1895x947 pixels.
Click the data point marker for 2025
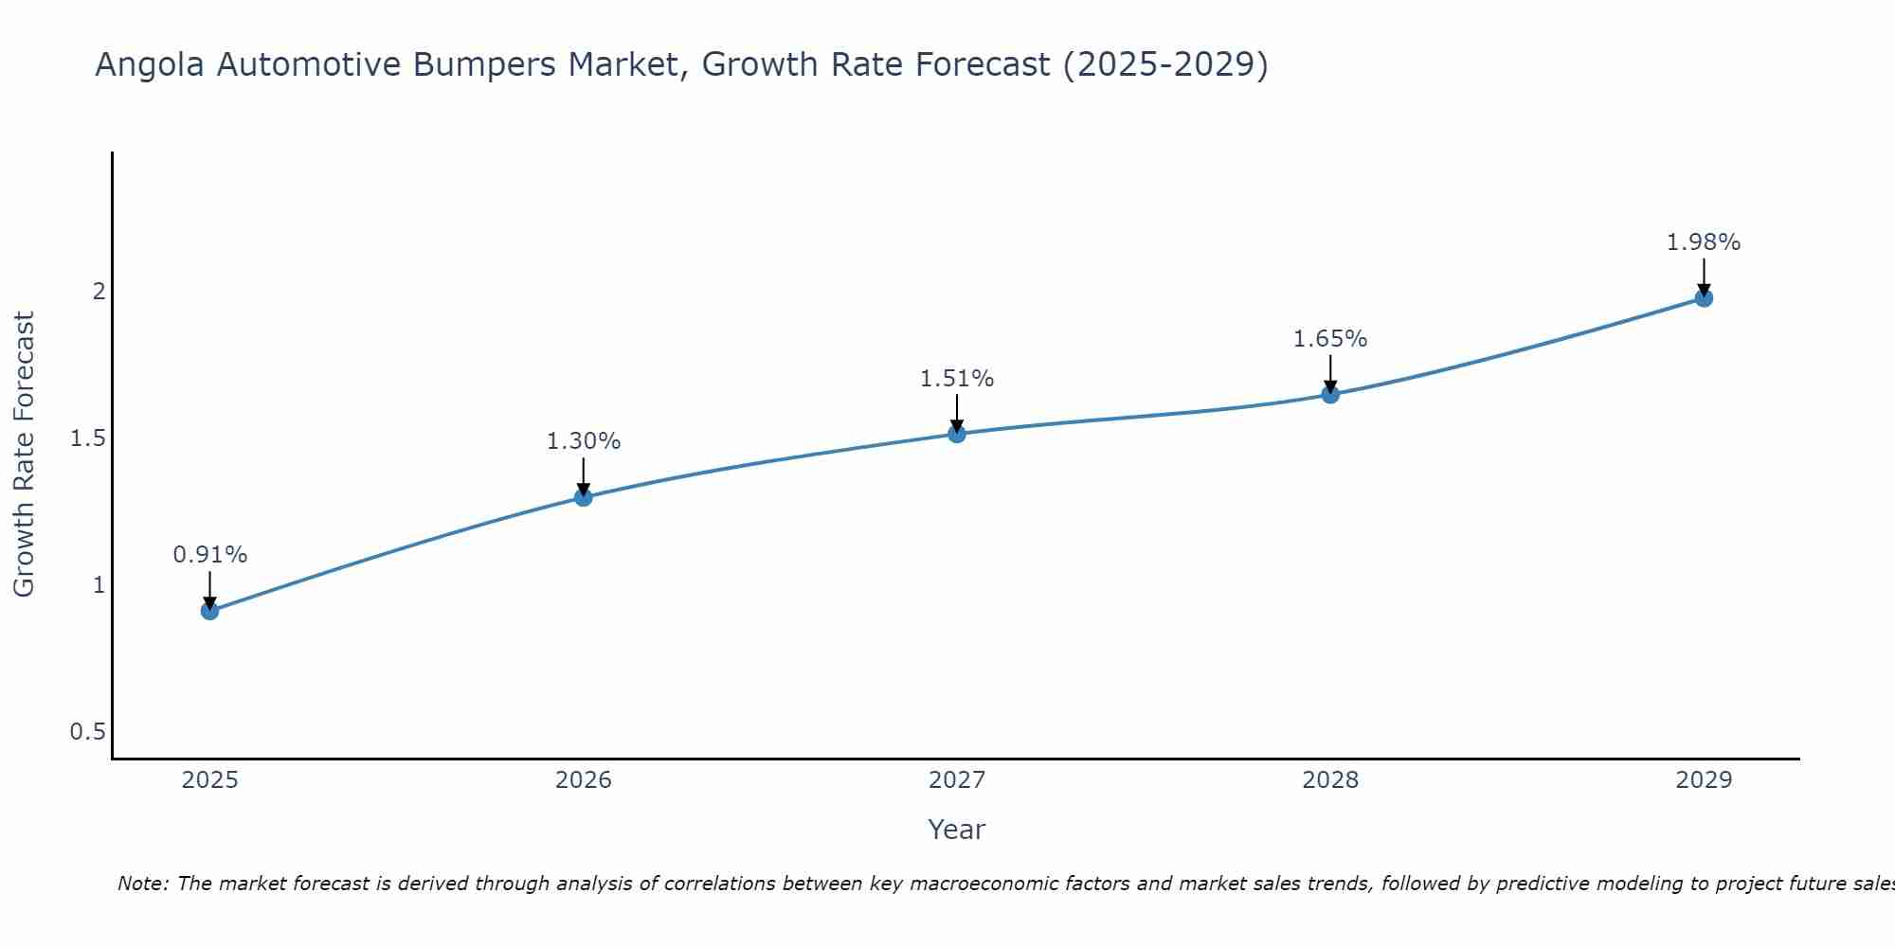210,611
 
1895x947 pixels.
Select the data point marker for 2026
584,497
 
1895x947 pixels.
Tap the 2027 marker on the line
957,434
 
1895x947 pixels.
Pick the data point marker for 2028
1330,394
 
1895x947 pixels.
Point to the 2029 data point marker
1704,298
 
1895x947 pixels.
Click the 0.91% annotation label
210,555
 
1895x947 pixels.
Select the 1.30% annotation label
584,441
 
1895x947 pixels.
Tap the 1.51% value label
957,379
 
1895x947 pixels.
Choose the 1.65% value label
1330,339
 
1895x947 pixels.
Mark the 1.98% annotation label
1704,242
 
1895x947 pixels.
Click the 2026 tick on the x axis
584,780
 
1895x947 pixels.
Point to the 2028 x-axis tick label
1330,780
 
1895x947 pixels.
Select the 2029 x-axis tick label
1704,780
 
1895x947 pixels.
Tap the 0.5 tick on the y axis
87,732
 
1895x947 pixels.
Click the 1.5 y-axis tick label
87,438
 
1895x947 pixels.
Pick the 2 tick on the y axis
99,292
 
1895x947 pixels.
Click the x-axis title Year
957,830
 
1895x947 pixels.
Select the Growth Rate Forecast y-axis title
24,455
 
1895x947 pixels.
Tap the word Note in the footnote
142,884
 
